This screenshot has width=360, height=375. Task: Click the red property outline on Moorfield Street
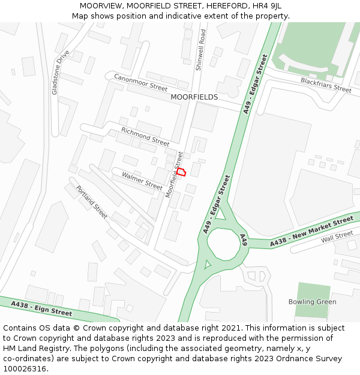(181, 172)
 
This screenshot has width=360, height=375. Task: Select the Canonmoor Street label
(140, 82)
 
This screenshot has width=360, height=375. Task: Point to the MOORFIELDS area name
(194, 97)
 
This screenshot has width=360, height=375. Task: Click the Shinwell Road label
(200, 50)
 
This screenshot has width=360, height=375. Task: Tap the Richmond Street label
(145, 137)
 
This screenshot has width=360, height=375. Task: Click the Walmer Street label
(142, 181)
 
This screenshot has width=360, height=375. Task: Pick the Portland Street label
(92, 202)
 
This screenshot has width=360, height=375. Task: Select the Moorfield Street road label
(174, 175)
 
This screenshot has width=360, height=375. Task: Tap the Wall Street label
(337, 236)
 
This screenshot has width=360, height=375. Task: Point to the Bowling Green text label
(312, 302)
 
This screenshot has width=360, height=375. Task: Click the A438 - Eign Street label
(41, 308)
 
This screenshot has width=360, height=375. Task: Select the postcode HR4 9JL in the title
(268, 5)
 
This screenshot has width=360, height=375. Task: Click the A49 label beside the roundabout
(244, 240)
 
